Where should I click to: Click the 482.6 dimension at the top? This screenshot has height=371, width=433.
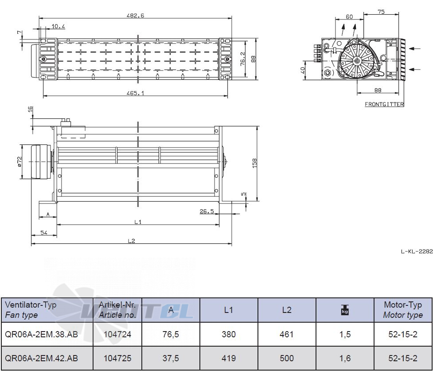tap(135, 16)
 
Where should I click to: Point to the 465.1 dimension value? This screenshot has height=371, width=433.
tap(135, 93)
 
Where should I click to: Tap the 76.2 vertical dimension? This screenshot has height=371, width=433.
tap(242, 59)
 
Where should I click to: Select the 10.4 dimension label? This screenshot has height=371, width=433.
tap(58, 27)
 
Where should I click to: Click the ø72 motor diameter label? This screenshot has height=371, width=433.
tap(20, 162)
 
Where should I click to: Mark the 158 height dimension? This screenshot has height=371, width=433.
tap(254, 163)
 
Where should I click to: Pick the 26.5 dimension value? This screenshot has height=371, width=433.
tap(207, 211)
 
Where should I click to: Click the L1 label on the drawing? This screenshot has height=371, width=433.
tap(138, 222)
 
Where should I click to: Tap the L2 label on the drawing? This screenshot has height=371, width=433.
tap(132, 241)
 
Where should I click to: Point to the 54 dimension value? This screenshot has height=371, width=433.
tap(44, 233)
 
